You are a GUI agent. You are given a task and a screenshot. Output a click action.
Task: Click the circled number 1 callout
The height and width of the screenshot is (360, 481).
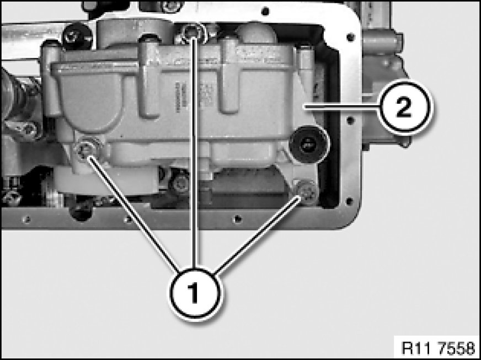[x=195, y=293]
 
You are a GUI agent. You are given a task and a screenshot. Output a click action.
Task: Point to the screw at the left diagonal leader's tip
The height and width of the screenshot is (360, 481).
[x=85, y=151]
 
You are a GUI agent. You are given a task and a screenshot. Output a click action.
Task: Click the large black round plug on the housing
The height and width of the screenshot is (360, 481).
[x=308, y=143]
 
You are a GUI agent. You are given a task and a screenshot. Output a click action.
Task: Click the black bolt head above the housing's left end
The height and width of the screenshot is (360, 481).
[x=77, y=36]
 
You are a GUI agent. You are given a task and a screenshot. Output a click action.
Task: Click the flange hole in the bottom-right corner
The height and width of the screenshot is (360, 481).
[x=349, y=201]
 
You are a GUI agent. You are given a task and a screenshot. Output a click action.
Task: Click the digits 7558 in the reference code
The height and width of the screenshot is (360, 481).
[x=456, y=348]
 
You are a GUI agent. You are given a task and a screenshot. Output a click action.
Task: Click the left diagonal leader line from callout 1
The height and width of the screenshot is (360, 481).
[x=135, y=214]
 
